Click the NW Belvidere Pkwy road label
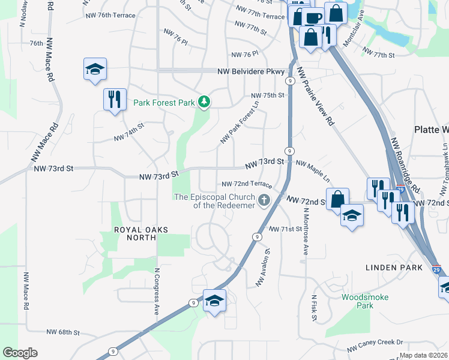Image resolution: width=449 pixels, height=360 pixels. [x=251, y=71]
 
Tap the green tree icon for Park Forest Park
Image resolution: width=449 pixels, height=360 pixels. [x=205, y=103]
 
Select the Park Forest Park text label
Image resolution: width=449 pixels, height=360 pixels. [x=164, y=103]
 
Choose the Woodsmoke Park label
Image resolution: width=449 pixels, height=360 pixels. [x=365, y=301]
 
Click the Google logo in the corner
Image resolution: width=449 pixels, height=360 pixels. [x=20, y=353]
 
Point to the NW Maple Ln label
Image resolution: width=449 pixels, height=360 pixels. [x=313, y=171]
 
